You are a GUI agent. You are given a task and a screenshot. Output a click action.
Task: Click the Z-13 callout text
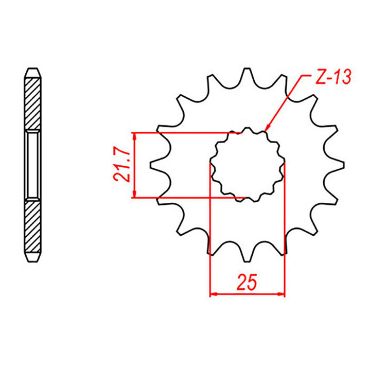pos(331,77)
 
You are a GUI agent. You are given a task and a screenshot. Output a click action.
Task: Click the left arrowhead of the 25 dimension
pos(213,295)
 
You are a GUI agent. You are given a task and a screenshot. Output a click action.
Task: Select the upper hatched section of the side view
pos(32,103)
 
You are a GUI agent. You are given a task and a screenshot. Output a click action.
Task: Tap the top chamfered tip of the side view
pos(32,71)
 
